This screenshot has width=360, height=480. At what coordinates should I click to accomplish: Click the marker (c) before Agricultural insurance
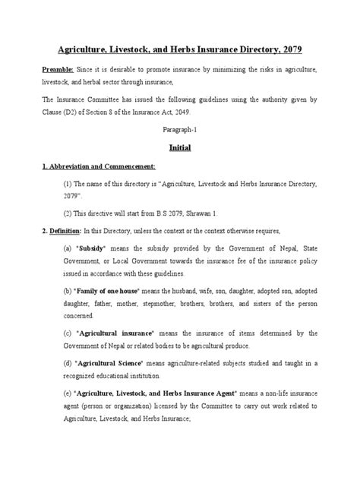click(x=67, y=333)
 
